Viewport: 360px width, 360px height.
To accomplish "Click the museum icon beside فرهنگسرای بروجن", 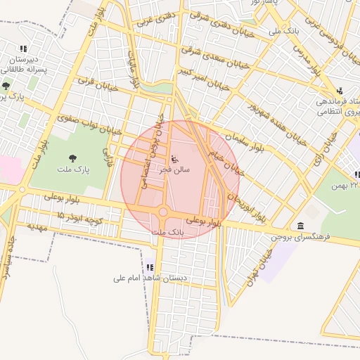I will [301, 226].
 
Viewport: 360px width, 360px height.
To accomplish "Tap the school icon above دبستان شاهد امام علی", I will [150, 267].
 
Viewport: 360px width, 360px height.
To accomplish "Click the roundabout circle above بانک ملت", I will [163, 212].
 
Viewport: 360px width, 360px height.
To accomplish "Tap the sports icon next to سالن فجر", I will [175, 157].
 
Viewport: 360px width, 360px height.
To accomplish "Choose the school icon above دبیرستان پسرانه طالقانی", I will [23, 49].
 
